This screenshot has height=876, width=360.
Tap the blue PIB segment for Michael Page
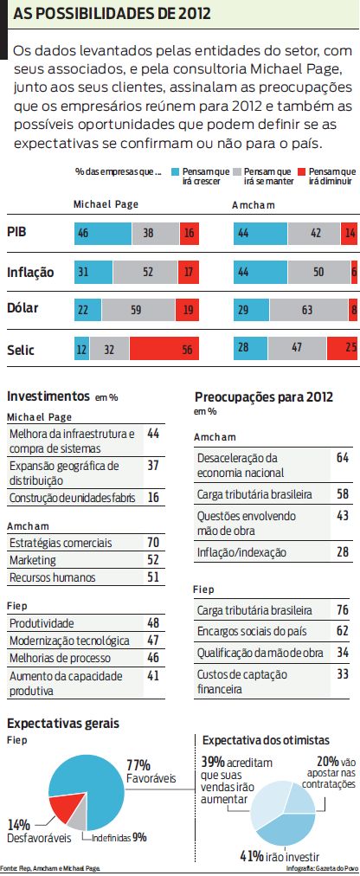coord(102,233)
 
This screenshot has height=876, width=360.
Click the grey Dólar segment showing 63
coord(309,308)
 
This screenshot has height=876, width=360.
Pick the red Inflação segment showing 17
coord(190,271)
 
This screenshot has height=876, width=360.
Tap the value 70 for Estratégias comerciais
coord(152,543)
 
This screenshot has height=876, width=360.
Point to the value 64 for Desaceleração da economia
coord(342,456)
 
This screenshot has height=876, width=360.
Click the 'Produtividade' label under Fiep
coord(42,623)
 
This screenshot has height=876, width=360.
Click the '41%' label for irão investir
coord(253,856)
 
